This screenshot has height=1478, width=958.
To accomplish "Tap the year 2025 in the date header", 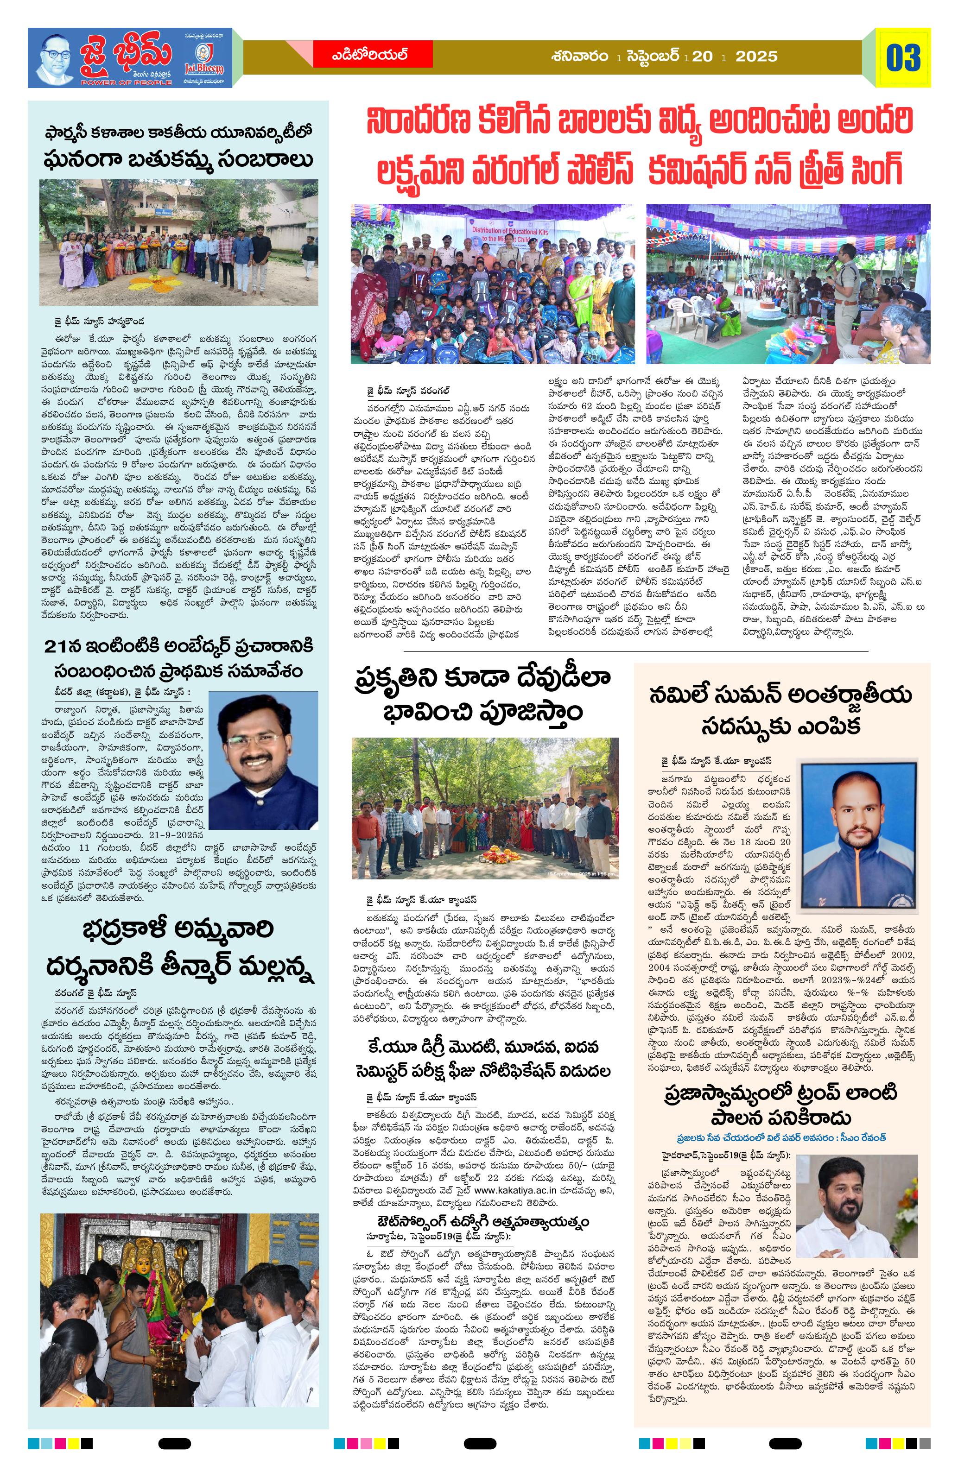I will [756, 57].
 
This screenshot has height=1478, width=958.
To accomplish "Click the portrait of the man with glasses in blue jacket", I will [263, 760].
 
